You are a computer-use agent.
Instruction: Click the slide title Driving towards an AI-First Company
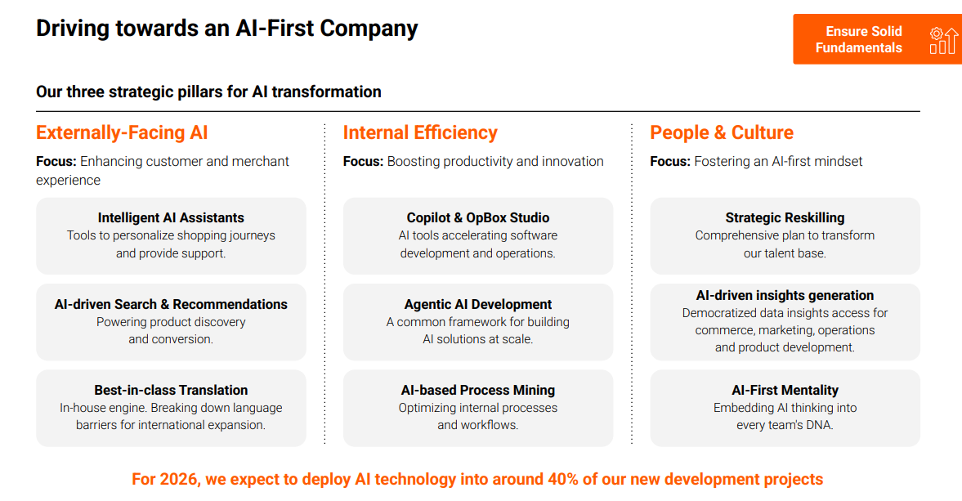[x=227, y=29]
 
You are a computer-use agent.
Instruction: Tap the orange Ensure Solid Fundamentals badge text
[x=859, y=39]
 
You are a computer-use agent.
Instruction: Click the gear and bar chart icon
[x=943, y=41]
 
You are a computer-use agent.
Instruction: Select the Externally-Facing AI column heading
[x=122, y=132]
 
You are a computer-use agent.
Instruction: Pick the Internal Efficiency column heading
[x=420, y=132]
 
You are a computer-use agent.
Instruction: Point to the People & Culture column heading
[x=722, y=132]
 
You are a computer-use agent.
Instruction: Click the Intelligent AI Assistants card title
[x=171, y=217]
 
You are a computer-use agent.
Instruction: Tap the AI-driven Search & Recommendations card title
[x=171, y=304]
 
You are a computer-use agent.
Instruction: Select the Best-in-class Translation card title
[x=171, y=390]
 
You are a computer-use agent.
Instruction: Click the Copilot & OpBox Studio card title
[x=478, y=217]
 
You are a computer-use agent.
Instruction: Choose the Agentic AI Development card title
[x=478, y=304]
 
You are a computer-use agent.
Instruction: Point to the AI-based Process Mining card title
[x=478, y=390]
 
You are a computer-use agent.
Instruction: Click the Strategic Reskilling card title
[x=785, y=217]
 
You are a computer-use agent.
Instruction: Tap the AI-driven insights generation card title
[x=785, y=295]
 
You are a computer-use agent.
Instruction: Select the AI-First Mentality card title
[x=785, y=390]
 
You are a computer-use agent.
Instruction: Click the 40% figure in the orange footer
[x=563, y=479]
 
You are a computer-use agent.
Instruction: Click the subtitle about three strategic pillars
[x=208, y=92]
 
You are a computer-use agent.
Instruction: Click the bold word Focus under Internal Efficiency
[x=363, y=161]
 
